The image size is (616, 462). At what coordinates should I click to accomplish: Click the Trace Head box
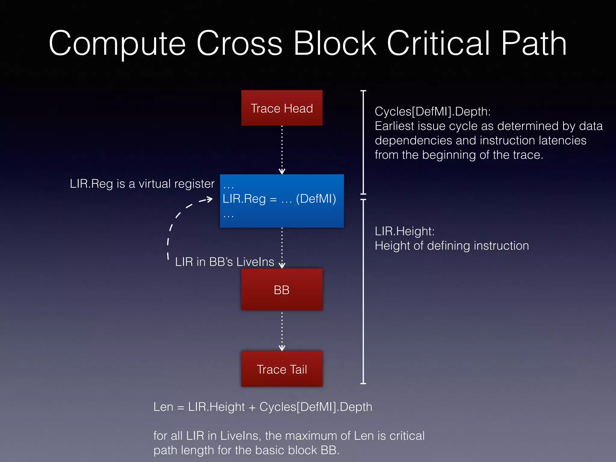[282, 108]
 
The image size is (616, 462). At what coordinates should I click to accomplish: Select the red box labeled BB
[282, 290]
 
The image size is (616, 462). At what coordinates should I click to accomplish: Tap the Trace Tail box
[282, 369]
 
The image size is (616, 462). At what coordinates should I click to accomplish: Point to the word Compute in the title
[117, 44]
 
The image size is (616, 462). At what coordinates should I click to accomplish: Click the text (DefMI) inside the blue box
[316, 199]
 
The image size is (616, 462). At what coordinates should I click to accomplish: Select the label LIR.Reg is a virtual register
[142, 184]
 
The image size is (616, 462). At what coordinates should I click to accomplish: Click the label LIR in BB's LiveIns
[224, 262]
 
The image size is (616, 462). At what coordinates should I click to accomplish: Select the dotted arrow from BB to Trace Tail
[282, 331]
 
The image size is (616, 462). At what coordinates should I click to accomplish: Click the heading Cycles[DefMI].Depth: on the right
[433, 112]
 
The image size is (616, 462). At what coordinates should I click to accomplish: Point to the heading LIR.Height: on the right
[404, 231]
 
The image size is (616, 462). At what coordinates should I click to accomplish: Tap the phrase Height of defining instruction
[451, 246]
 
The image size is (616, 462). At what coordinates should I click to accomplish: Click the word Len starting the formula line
[163, 407]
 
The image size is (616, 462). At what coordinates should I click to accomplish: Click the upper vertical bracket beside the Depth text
[363, 142]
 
